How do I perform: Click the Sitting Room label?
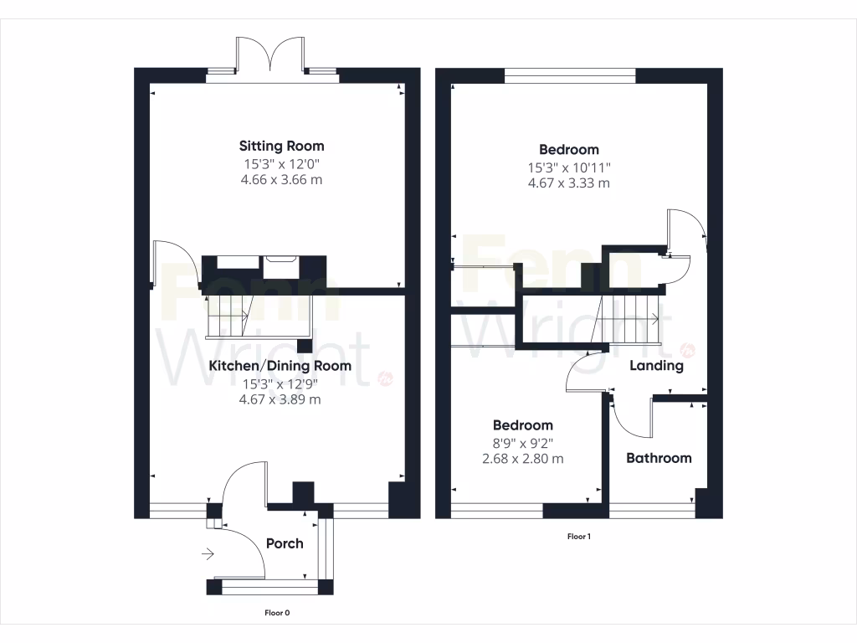click(281, 146)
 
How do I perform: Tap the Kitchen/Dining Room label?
click(280, 366)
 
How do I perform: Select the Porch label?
click(285, 543)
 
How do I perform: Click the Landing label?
click(656, 365)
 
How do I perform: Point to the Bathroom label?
click(659, 458)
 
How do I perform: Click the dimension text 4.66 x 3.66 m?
click(281, 180)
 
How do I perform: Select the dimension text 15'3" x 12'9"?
click(280, 383)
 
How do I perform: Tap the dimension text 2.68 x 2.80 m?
click(522, 459)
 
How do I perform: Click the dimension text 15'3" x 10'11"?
click(569, 167)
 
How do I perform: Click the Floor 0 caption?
click(277, 613)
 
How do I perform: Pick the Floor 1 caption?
click(579, 537)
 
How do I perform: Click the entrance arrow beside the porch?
click(208, 553)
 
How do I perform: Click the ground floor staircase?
click(228, 316)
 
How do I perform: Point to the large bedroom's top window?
click(571, 75)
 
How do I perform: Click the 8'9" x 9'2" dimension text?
click(522, 442)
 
